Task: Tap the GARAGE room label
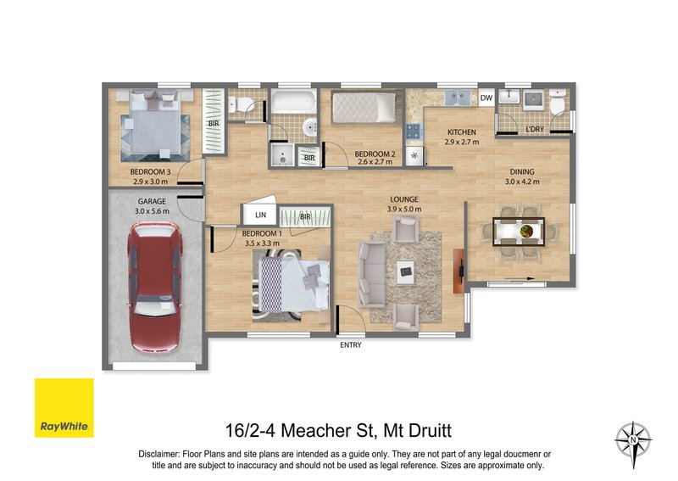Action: click(152, 201)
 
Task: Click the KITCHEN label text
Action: click(462, 132)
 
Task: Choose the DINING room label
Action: click(521, 170)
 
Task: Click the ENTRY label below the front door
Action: click(350, 344)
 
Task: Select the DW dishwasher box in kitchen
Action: click(486, 98)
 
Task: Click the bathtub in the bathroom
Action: click(292, 106)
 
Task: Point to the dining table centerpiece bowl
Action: click(525, 230)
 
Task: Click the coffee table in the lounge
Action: click(405, 271)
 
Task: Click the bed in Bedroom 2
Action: click(362, 109)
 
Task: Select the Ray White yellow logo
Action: click(64, 406)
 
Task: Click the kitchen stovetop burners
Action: click(414, 131)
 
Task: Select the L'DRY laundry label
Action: click(536, 129)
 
